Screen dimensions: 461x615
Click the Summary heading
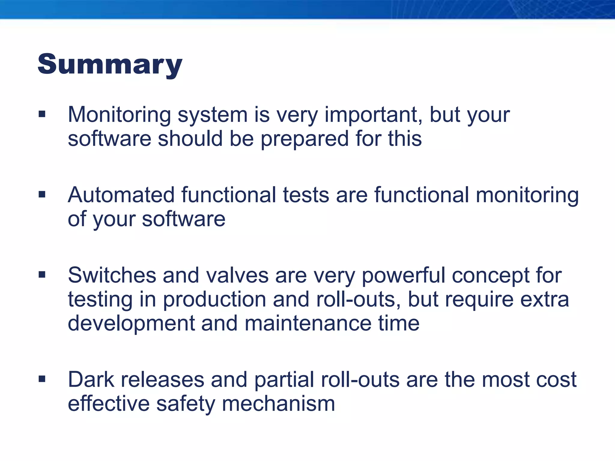click(x=110, y=64)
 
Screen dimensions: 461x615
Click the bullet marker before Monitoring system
click(x=42, y=114)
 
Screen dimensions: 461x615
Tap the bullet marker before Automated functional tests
click(x=42, y=195)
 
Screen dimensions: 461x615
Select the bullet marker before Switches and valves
click(x=42, y=275)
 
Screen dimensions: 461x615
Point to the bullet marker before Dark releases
click(x=42, y=379)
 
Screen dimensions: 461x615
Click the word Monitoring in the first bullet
click(x=119, y=115)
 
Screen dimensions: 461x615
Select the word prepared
click(x=304, y=139)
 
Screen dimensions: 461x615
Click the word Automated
click(x=121, y=195)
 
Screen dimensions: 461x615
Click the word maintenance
click(x=308, y=324)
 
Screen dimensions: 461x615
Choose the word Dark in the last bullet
click(x=91, y=380)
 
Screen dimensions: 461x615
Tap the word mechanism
click(x=278, y=404)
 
